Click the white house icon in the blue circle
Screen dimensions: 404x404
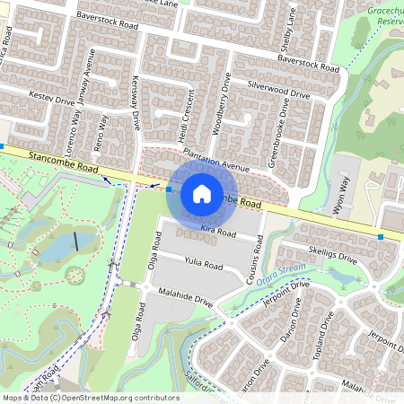point(202,193)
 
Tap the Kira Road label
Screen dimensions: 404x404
point(217,232)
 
